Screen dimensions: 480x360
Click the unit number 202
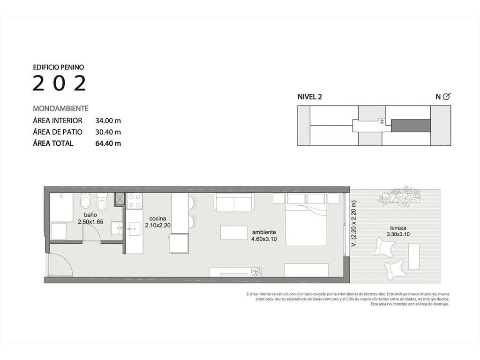point(60,83)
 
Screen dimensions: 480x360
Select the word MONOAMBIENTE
point(60,108)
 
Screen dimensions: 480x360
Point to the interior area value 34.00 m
point(108,120)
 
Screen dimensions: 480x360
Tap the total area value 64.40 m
point(108,143)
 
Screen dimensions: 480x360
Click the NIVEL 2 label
point(310,97)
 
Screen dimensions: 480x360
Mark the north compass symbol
point(447,97)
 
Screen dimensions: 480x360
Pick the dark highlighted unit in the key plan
point(411,125)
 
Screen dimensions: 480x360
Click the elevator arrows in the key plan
point(382,121)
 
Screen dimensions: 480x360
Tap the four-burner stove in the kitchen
point(135,201)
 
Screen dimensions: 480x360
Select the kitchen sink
point(133,229)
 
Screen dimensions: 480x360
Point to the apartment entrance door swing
point(61,261)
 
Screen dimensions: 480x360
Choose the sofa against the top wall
point(235,202)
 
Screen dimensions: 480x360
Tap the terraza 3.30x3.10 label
point(398,231)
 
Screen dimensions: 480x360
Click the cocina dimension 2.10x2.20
point(157,225)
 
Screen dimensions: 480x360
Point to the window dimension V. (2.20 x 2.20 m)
point(354,224)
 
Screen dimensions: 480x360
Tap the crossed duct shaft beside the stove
point(120,199)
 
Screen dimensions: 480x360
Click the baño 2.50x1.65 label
point(90,218)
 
